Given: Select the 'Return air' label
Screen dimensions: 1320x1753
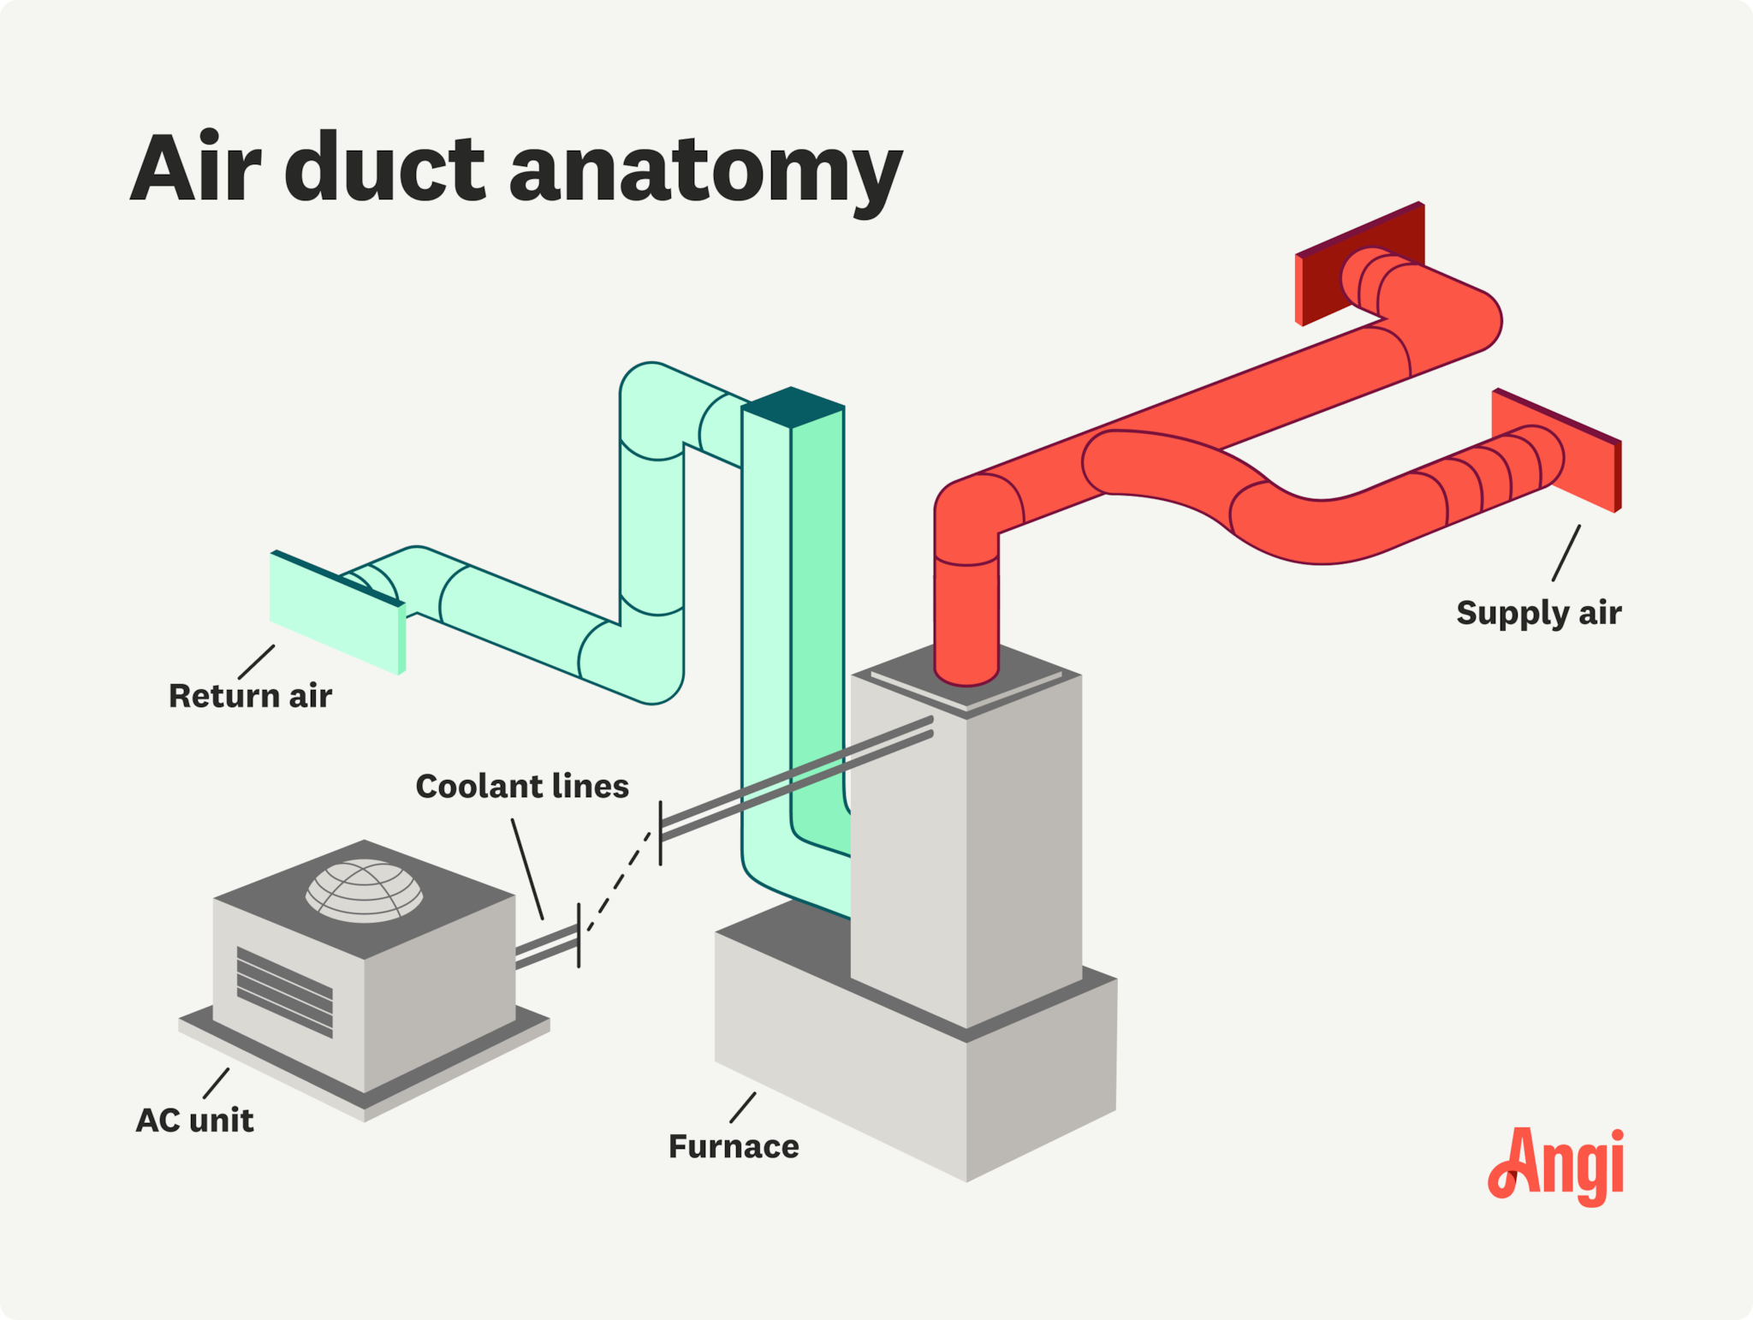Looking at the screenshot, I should pyautogui.click(x=250, y=696).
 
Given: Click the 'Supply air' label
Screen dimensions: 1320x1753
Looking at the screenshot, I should pyautogui.click(x=1538, y=613).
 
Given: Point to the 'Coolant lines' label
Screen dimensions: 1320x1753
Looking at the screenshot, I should pyautogui.click(x=522, y=786).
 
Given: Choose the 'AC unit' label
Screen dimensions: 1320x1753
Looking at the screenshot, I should pyautogui.click(x=195, y=1120).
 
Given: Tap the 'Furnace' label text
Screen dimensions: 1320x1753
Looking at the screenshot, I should pyautogui.click(x=734, y=1146).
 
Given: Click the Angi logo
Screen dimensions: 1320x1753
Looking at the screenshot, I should pyautogui.click(x=1556, y=1166).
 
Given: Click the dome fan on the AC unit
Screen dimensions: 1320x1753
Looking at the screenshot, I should pyautogui.click(x=365, y=890).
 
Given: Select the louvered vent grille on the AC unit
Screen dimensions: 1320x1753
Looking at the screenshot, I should pyautogui.click(x=284, y=991).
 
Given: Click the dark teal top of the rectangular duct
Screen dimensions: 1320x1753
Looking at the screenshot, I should pyautogui.click(x=793, y=407).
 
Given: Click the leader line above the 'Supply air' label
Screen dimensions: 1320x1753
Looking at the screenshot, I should pyautogui.click(x=1566, y=553).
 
